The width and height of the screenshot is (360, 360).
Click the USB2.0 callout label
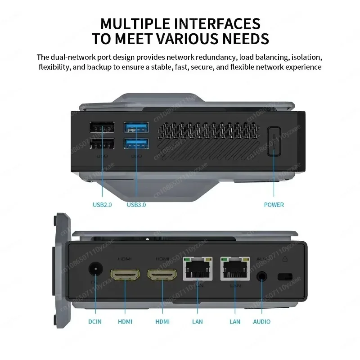[102, 205]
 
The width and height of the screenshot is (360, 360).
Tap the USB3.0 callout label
[136, 205]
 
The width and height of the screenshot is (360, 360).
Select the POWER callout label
[274, 205]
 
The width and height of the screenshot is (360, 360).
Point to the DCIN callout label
[94, 321]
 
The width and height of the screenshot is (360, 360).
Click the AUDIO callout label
[262, 321]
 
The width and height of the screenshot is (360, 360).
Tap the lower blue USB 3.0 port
[136, 144]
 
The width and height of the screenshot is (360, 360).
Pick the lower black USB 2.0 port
[102, 144]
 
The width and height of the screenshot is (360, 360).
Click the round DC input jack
[95, 270]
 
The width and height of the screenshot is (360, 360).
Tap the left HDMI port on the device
[125, 274]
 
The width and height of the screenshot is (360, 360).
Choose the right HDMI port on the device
[162, 274]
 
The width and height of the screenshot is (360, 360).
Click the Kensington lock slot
[284, 275]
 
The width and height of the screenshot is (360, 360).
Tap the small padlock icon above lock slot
[284, 259]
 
